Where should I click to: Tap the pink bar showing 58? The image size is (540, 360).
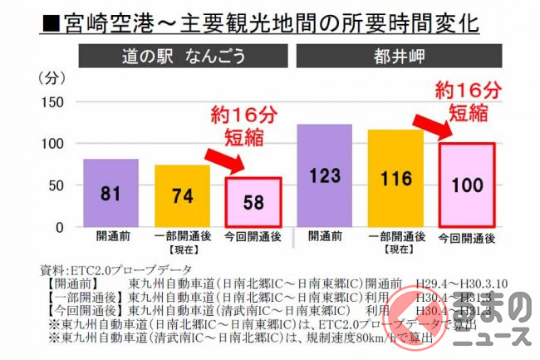(253, 202)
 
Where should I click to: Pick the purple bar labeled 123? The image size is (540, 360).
(324, 175)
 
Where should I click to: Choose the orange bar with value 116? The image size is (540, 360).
(395, 178)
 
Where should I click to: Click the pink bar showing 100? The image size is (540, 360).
(467, 185)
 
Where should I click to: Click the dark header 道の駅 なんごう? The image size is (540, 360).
(182, 56)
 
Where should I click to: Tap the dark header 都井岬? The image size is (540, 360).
(395, 56)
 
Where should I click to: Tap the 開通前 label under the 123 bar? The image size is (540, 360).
(324, 238)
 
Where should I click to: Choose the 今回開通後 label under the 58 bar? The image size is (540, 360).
(253, 238)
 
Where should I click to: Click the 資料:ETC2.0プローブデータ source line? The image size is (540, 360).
(116, 269)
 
